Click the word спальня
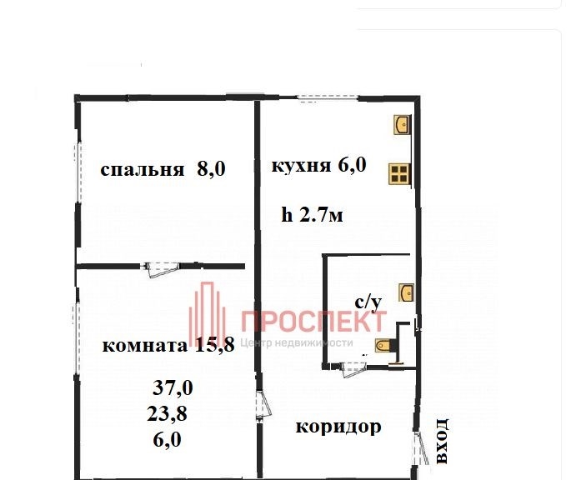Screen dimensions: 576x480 coord(143,170)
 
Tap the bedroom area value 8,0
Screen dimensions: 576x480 coord(211,169)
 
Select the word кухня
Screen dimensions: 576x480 coord(301,166)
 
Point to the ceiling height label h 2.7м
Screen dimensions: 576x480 coord(313,215)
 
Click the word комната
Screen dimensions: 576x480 coord(145,346)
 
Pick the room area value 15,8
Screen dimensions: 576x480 coord(215,345)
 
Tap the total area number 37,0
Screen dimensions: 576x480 coord(173,387)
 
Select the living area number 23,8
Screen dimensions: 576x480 coord(168,414)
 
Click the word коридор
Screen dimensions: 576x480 coord(338,427)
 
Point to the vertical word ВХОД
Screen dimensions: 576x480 coord(442,441)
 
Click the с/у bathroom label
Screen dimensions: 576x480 coord(368,303)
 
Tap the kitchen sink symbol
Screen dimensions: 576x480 coord(402,125)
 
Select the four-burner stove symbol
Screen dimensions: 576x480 coord(399,174)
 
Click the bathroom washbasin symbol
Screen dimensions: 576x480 coord(406,292)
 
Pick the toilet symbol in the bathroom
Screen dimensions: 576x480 coord(383,345)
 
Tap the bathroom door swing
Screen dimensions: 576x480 coord(353,368)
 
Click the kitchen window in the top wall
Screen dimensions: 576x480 coord(328,98)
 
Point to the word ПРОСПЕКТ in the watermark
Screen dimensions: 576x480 coord(313,322)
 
